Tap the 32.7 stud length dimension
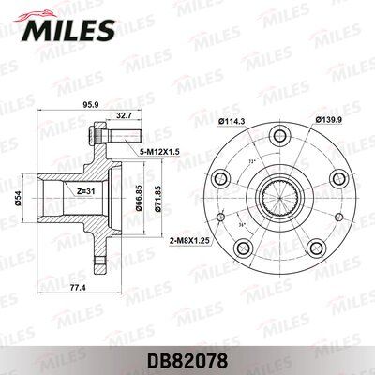tap(121, 116)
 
